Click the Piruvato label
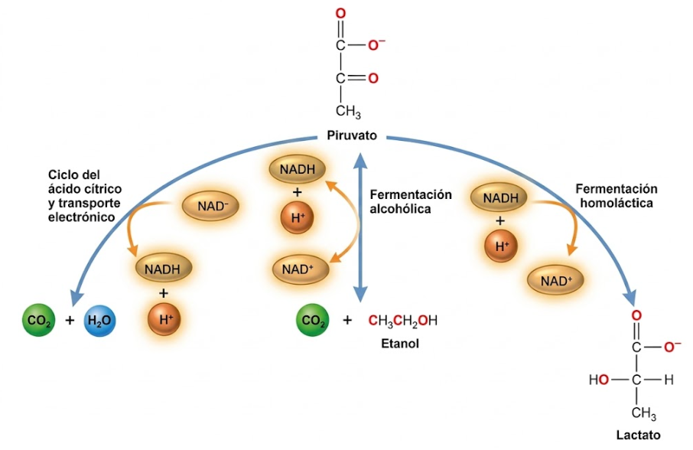pos(352,135)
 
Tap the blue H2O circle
pos(99,320)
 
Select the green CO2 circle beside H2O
pos(39,320)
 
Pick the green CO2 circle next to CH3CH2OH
pos(313,320)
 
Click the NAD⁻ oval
pos(211,206)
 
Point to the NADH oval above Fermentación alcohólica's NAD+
pos(298,169)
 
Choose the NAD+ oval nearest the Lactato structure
pos(556,280)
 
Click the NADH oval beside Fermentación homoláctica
pos(499,197)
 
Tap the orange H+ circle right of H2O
pos(164,319)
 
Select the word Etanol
pos(400,344)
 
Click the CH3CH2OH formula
pos(402,321)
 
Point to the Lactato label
pos(638,435)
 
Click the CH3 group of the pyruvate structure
pos(348,111)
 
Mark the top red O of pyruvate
pos(340,14)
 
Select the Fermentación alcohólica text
pos(411,201)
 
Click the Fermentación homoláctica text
pos(616,196)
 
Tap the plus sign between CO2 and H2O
pos(70,320)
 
